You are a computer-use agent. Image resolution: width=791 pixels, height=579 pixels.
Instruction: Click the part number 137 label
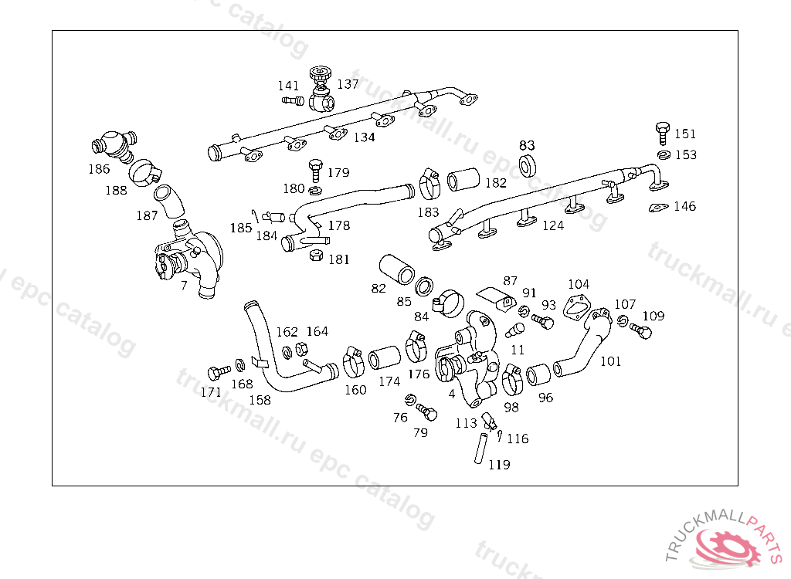(348, 84)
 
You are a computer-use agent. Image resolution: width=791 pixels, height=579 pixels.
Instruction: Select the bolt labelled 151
(662, 133)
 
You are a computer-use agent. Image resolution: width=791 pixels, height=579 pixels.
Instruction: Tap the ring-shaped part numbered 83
(528, 166)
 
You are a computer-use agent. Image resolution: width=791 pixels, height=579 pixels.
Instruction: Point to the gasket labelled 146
(658, 208)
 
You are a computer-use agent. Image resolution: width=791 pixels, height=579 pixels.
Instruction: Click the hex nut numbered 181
(316, 255)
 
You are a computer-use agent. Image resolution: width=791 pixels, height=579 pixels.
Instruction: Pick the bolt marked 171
(219, 373)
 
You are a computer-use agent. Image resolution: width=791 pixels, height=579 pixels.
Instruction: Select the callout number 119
(499, 465)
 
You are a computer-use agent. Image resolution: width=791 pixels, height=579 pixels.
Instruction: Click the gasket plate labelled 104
(576, 306)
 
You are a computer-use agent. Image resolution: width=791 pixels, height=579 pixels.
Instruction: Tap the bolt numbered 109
(640, 331)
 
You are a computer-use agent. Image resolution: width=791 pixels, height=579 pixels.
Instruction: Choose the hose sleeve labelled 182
(463, 180)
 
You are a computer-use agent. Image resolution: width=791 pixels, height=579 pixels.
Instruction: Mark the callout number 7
(184, 286)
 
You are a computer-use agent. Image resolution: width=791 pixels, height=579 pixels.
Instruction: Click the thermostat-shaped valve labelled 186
(114, 145)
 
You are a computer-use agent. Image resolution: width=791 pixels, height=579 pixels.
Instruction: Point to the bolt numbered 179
(315, 171)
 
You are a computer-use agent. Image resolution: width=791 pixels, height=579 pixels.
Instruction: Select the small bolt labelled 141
(293, 101)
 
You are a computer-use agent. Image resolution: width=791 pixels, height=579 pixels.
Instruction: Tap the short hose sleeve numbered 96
(538, 375)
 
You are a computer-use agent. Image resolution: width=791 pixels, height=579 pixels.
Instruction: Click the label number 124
(553, 225)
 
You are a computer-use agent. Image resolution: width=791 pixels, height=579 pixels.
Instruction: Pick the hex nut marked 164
(300, 348)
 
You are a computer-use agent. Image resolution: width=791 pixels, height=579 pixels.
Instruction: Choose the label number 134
(365, 137)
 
